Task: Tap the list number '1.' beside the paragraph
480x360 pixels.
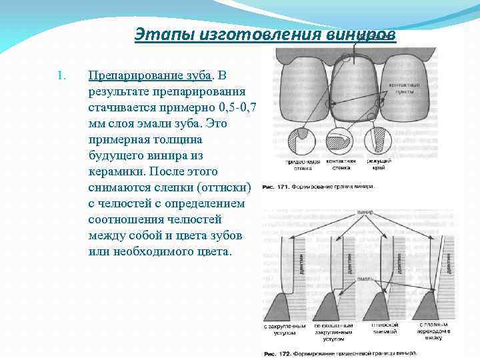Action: pyautogui.click(x=61, y=75)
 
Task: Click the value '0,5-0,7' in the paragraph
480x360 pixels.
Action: pyautogui.click(x=233, y=107)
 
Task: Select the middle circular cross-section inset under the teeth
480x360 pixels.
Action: pyautogui.click(x=341, y=143)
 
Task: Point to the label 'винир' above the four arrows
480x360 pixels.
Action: pyautogui.click(x=365, y=212)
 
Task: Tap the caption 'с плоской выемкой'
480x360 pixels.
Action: pyautogui.click(x=385, y=329)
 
